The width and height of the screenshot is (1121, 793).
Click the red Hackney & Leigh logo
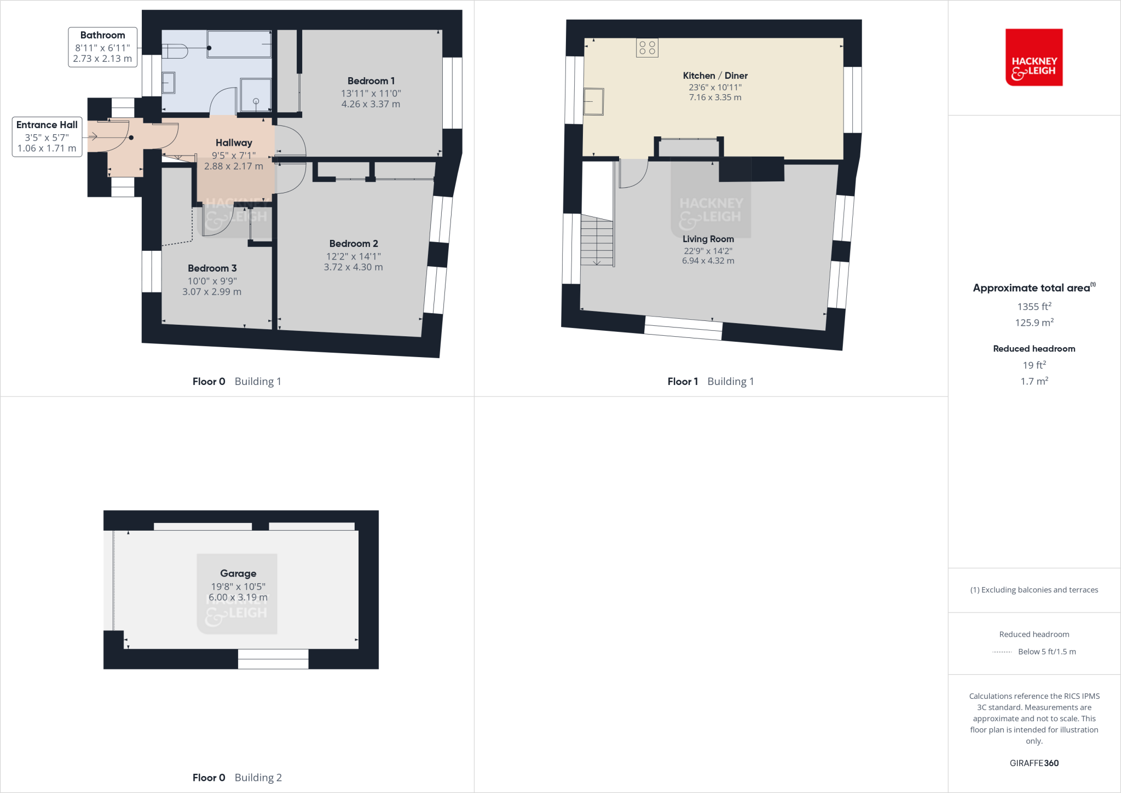(x=1033, y=58)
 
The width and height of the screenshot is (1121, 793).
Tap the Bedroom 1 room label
(x=371, y=81)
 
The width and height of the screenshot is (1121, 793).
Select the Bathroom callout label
(x=102, y=36)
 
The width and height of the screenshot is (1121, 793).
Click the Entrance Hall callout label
(x=47, y=125)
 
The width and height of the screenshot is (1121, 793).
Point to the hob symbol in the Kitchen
(x=647, y=48)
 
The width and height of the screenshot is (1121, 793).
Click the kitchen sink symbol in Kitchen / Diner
(x=593, y=102)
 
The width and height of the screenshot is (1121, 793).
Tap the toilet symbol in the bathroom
(x=175, y=51)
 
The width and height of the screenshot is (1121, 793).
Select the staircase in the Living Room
(x=597, y=240)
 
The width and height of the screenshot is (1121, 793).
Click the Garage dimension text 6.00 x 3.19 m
(x=238, y=597)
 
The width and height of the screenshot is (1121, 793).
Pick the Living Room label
(x=708, y=239)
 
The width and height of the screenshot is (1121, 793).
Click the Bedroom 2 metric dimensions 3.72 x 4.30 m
(x=353, y=267)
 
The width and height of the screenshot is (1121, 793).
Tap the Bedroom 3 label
(x=212, y=268)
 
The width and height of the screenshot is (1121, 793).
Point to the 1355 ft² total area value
(x=1034, y=307)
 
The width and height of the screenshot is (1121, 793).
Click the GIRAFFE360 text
(x=1034, y=763)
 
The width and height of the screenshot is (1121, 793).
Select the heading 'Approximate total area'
(x=1032, y=288)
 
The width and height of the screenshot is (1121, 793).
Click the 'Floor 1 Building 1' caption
(x=710, y=382)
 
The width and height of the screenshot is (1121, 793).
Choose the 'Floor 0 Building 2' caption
(x=237, y=778)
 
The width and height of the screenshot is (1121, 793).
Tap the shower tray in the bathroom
(x=256, y=95)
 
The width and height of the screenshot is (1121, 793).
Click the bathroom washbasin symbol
(x=169, y=83)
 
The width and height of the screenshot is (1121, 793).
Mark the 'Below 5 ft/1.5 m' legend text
(x=1047, y=652)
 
